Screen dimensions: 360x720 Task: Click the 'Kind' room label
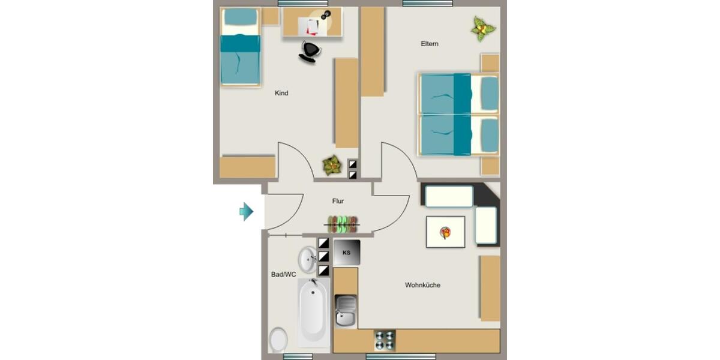[x=281, y=93]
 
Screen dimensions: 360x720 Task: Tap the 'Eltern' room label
[x=430, y=44]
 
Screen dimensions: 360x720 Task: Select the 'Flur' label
[x=338, y=202]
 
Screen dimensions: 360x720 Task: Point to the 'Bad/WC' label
[x=283, y=275]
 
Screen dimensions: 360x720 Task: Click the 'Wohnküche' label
[x=422, y=285]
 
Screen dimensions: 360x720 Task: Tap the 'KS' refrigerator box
[x=347, y=253]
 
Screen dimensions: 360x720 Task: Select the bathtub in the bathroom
[x=314, y=313]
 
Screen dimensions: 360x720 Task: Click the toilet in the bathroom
[x=278, y=340]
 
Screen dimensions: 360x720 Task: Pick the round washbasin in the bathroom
[x=308, y=259]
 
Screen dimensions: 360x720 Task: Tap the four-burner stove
[x=385, y=340]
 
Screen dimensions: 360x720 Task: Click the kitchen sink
[x=346, y=311]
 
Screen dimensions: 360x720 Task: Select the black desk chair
[x=310, y=52]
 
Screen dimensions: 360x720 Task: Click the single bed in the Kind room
[x=240, y=48]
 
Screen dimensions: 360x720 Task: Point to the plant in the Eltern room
[x=482, y=28]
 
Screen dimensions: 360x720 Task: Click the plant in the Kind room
[x=331, y=164]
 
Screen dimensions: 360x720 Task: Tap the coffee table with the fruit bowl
[x=445, y=232]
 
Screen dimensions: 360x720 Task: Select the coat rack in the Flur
[x=343, y=224]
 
